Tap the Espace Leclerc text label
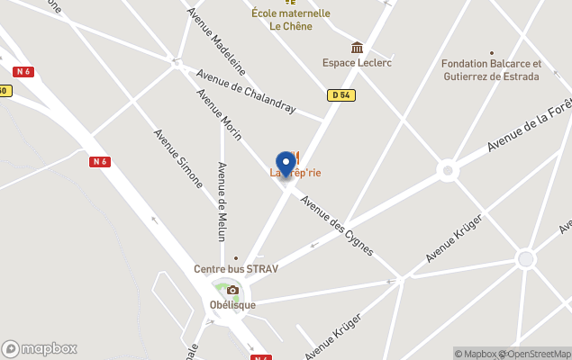(x=357, y=63)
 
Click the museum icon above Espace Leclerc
(x=357, y=48)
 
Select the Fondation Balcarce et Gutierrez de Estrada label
(x=491, y=70)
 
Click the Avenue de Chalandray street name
(x=245, y=92)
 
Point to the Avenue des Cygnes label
(x=337, y=224)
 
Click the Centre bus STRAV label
(x=236, y=269)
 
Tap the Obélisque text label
(x=233, y=305)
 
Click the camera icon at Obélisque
(x=232, y=290)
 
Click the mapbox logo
(x=40, y=348)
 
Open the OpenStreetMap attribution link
(x=537, y=354)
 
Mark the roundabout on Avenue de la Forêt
(x=448, y=170)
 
